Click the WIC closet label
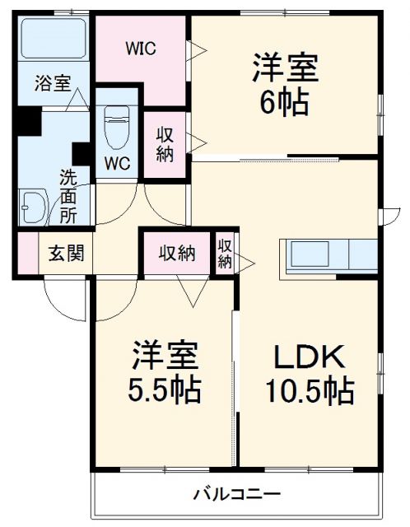(x=141, y=47)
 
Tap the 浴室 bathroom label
(x=52, y=82)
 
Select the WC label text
(x=117, y=163)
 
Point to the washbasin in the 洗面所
(x=34, y=206)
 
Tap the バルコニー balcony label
(x=237, y=495)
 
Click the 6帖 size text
(x=284, y=103)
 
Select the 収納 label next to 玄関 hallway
(x=176, y=253)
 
